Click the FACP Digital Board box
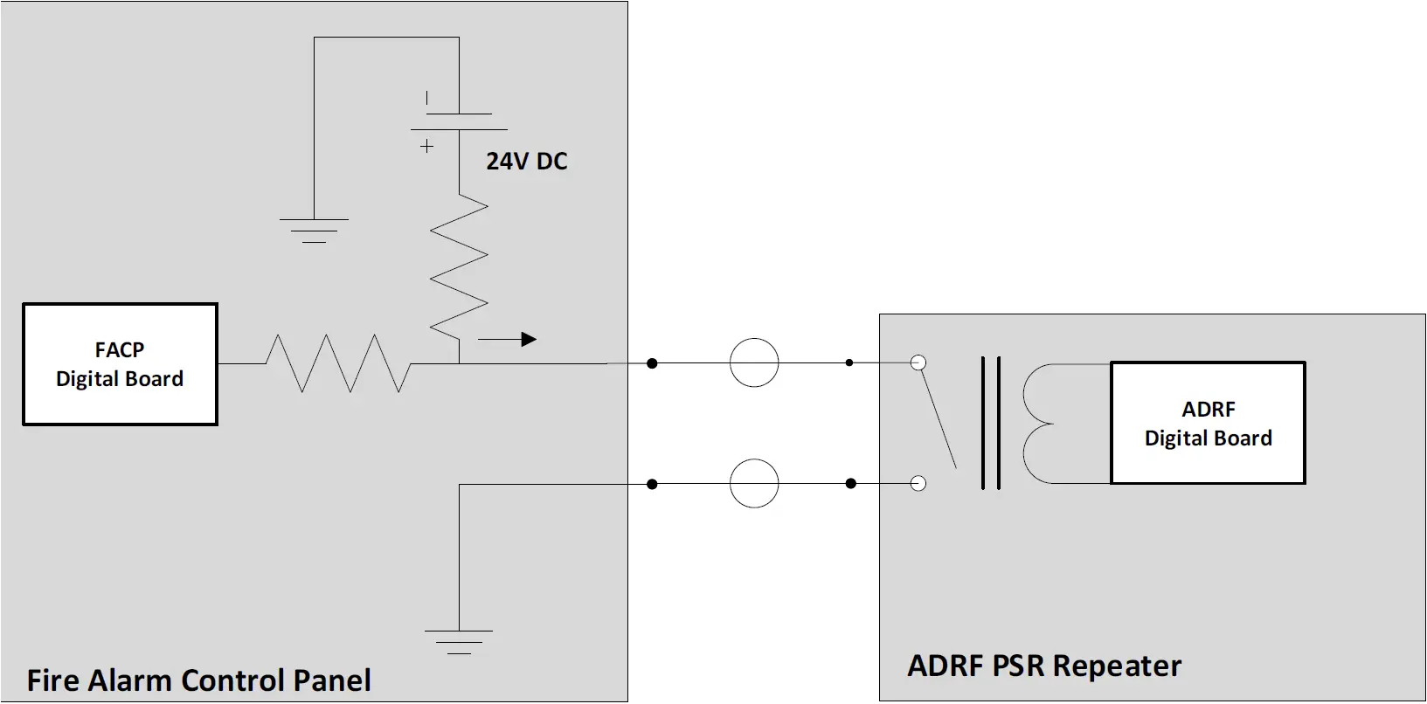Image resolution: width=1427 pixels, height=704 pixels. (120, 364)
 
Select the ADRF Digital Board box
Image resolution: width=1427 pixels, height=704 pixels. (1208, 423)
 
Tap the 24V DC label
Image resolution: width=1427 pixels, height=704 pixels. (527, 162)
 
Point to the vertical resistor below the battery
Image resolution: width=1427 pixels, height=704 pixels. (459, 266)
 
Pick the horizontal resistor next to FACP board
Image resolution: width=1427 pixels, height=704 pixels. (337, 362)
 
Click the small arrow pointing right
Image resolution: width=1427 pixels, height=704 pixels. (507, 339)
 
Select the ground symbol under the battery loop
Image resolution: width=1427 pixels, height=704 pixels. (314, 230)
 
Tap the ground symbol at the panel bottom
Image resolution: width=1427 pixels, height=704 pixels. (459, 641)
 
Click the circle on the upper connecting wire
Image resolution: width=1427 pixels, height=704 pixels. (754, 362)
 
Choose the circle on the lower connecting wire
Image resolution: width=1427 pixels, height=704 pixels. (754, 483)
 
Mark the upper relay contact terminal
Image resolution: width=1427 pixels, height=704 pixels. (918, 362)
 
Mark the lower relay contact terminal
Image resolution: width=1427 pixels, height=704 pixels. (918, 483)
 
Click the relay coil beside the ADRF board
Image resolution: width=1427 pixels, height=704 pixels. (1040, 424)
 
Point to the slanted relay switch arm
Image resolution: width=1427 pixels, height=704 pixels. (938, 418)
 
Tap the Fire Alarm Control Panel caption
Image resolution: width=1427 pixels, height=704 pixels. (199, 680)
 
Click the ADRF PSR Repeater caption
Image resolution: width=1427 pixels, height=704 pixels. (1044, 666)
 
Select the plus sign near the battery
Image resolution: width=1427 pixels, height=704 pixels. (426, 146)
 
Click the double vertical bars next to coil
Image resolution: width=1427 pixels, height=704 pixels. (990, 423)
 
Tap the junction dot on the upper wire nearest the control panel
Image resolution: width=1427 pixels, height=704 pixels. (652, 362)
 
